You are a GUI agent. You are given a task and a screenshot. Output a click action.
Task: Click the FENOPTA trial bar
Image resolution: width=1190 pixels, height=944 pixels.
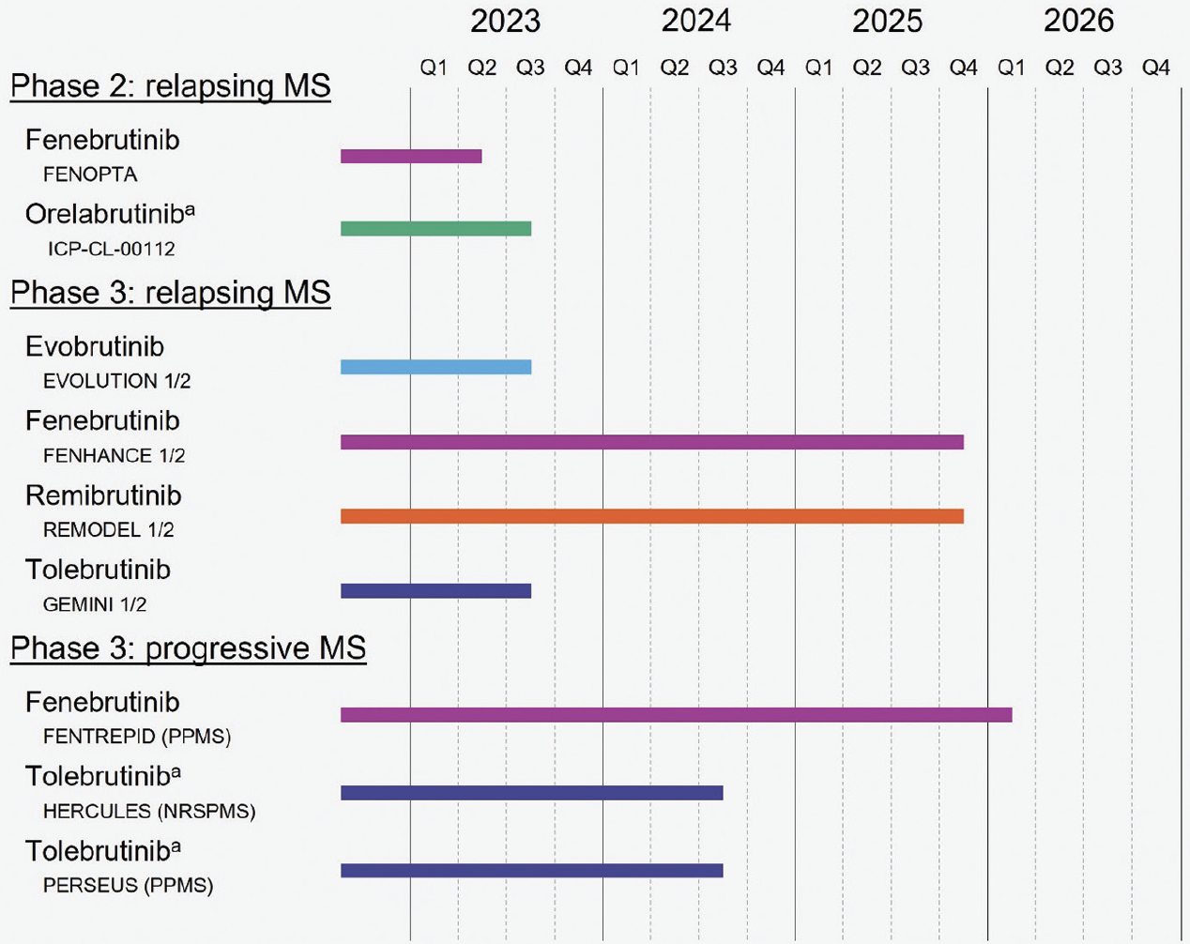tap(411, 157)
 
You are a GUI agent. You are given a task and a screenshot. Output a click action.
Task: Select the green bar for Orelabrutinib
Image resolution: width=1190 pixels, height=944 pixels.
tap(435, 229)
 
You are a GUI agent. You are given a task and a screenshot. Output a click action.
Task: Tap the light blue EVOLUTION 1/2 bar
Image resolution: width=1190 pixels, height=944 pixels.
tap(435, 367)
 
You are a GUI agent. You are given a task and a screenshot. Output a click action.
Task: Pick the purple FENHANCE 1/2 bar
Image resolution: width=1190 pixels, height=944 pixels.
tap(651, 442)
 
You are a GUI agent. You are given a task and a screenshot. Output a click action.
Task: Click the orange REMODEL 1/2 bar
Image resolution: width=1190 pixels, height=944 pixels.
tap(651, 516)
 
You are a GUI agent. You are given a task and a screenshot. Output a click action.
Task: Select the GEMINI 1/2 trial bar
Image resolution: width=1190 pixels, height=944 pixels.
tap(435, 591)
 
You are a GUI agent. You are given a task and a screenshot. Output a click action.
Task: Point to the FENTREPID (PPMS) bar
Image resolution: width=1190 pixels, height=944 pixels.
tap(676, 715)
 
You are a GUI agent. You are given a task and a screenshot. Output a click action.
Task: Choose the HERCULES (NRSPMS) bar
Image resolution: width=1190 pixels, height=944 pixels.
tap(531, 793)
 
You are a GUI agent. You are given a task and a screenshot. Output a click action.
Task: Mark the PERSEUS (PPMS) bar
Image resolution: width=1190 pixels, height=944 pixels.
tap(531, 871)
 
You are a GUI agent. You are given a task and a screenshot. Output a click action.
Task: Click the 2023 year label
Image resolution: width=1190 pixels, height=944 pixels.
tap(505, 22)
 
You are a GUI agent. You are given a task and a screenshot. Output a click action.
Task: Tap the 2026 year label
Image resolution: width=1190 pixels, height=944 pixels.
tap(1078, 22)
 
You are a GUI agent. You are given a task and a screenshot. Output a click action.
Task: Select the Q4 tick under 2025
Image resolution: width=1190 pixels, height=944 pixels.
tap(963, 68)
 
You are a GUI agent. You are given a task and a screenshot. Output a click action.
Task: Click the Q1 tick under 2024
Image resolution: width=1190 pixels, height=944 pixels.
tap(626, 68)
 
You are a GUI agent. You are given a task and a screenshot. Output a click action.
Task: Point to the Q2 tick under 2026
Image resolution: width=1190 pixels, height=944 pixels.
tap(1060, 68)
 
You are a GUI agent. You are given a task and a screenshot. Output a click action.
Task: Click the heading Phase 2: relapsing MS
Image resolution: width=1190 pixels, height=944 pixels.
tap(170, 85)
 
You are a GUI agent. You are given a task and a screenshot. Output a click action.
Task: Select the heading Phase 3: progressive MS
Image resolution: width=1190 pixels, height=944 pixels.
tap(188, 648)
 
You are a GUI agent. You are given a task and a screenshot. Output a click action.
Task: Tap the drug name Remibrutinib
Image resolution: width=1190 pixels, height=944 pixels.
tap(103, 495)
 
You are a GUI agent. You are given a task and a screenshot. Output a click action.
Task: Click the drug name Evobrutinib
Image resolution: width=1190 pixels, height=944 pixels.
tap(95, 346)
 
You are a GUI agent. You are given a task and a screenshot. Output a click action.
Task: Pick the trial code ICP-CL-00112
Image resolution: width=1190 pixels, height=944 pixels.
tap(111, 250)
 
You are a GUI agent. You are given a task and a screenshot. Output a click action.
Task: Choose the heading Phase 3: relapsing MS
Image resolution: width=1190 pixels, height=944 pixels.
tap(170, 293)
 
